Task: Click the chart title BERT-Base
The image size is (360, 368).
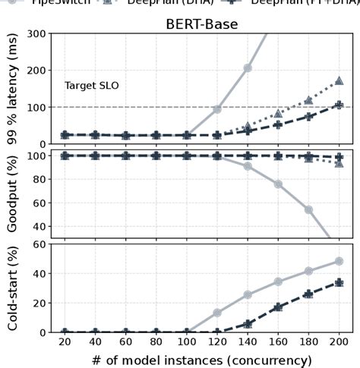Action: pos(201,24)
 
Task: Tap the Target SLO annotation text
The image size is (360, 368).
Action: pos(91,86)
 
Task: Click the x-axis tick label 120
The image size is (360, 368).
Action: pos(217,342)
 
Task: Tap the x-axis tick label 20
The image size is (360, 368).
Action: pos(65,342)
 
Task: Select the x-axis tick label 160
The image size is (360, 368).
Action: pos(278,342)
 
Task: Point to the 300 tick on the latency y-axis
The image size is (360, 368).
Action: pos(36,34)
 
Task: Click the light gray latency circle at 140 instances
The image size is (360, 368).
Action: pos(248,68)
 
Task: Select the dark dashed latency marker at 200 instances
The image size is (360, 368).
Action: pos(339,105)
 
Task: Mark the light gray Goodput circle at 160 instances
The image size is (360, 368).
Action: pos(278,184)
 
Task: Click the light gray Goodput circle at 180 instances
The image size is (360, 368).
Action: pos(308,209)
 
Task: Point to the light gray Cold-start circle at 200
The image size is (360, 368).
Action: pos(339,261)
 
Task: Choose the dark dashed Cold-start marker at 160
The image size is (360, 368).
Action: pos(278,307)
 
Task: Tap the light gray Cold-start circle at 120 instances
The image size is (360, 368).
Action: pos(217,313)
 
